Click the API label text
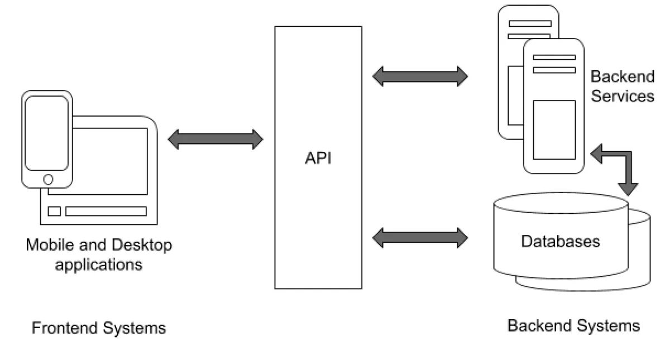[x=318, y=159]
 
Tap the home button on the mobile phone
[x=48, y=179]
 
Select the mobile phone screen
[x=47, y=133]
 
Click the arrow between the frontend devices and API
[x=215, y=139]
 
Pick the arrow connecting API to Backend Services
[x=420, y=76]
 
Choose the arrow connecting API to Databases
[x=420, y=237]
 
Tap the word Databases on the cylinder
[x=560, y=241]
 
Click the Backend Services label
[x=622, y=86]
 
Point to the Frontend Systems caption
[x=99, y=328]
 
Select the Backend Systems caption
[x=573, y=325]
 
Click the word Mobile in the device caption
[x=46, y=245]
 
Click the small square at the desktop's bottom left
[x=54, y=212]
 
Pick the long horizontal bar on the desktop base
[x=106, y=212]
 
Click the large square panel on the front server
[x=553, y=129]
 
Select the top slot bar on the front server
[x=553, y=57]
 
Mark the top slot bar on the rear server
[x=529, y=23]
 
